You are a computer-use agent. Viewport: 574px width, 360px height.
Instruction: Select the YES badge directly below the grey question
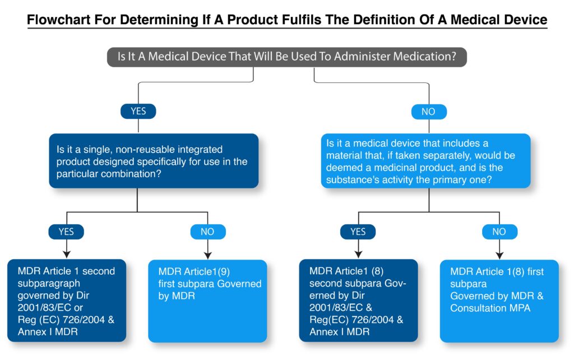click(x=138, y=112)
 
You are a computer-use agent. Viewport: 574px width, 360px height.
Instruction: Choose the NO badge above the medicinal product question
click(x=429, y=112)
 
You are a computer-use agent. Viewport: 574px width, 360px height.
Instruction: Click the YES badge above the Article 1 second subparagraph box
click(x=66, y=232)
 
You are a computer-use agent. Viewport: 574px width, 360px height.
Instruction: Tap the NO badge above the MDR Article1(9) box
click(x=207, y=232)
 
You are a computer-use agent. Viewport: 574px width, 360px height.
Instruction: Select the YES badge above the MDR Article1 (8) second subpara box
click(x=358, y=232)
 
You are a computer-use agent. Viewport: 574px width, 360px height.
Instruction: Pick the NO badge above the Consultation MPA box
click(x=499, y=232)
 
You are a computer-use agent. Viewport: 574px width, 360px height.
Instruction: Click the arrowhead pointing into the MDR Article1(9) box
click(x=207, y=255)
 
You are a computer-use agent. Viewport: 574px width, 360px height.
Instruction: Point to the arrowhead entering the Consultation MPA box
click(x=499, y=255)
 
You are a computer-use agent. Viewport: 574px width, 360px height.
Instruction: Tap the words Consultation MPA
click(x=490, y=308)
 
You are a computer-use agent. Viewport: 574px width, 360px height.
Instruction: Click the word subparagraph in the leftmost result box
click(x=49, y=284)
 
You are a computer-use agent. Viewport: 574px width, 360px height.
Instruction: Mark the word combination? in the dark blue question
click(x=131, y=174)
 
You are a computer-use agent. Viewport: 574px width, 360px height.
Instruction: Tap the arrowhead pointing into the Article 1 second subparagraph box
click(x=66, y=255)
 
